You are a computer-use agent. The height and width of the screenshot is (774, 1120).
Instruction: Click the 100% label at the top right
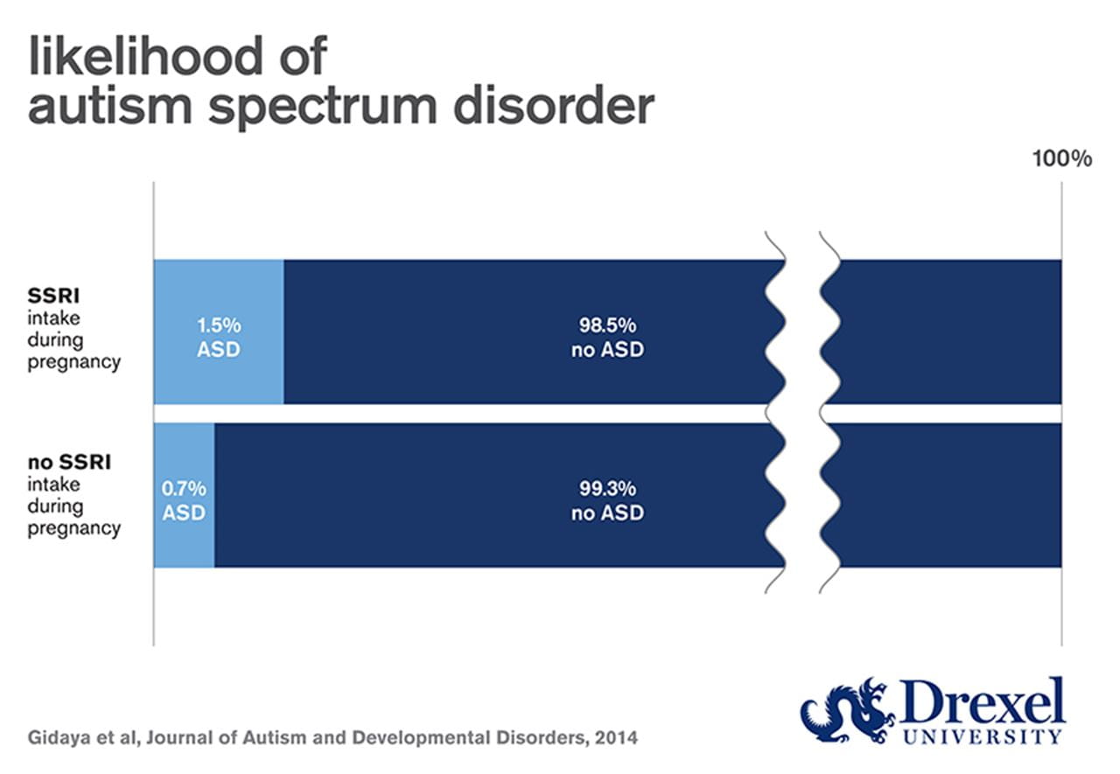point(1061,159)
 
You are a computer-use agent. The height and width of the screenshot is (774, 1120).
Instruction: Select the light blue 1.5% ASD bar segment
point(219,289)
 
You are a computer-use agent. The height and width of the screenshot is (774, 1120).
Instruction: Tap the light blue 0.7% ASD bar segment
point(184,542)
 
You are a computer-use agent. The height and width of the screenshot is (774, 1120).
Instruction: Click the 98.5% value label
point(607,324)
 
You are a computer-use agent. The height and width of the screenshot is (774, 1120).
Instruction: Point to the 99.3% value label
point(607,487)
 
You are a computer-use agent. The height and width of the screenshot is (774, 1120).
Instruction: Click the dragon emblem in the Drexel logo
point(843,708)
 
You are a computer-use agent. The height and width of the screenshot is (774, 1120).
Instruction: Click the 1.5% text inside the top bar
point(218,324)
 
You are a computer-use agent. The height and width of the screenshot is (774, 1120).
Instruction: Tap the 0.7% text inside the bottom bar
point(184,487)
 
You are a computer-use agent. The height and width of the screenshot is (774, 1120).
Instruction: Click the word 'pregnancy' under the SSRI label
point(74,362)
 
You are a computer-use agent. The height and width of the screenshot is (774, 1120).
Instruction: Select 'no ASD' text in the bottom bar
point(607,513)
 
